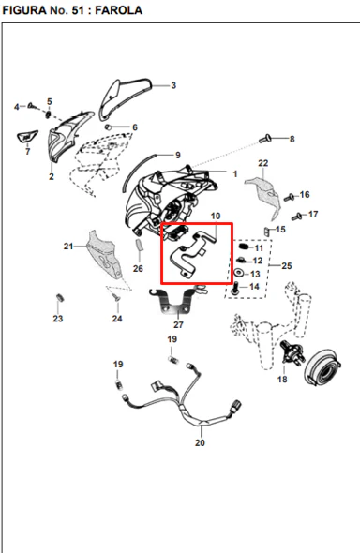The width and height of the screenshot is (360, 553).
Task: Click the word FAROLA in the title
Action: [x=118, y=10]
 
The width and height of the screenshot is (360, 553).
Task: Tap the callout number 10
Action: [x=216, y=216]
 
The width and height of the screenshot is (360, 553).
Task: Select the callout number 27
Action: [x=178, y=324]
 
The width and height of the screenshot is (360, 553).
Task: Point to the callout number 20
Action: [x=200, y=442]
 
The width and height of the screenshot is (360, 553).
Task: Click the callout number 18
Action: [x=282, y=379]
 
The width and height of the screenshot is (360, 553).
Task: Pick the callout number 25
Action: [x=287, y=265]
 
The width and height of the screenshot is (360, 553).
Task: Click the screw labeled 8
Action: [x=264, y=139]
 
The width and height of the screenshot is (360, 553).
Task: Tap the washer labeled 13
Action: [x=239, y=273]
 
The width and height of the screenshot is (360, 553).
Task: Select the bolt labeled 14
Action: [x=234, y=288]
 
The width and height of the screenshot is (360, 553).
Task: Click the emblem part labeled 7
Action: [x=27, y=137]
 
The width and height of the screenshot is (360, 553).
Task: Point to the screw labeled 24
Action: [x=116, y=297]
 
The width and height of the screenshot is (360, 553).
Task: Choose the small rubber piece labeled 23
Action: [x=60, y=298]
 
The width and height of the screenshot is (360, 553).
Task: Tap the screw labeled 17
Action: [x=297, y=217]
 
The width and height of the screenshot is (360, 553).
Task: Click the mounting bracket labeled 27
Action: [x=172, y=303]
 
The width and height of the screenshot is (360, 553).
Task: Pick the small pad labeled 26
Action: [x=140, y=245]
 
